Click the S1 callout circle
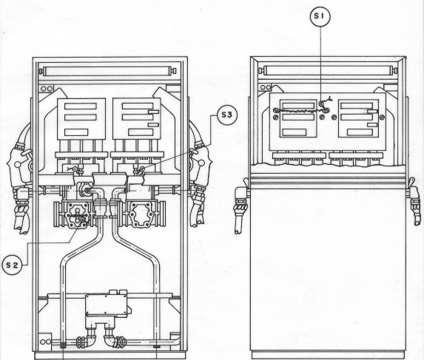coord(320,16)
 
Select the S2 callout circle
coord(12,265)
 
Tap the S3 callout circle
coord(227,115)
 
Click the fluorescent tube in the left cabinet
coord(107,71)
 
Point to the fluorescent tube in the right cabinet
coord(329,70)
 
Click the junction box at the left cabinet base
coord(107,305)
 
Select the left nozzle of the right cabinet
coord(240,206)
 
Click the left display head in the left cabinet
coord(81,119)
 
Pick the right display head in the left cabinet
coord(136,119)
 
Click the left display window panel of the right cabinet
coord(298,118)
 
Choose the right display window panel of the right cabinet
coord(359,118)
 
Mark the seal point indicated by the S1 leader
coord(321,103)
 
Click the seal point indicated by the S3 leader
coord(142,169)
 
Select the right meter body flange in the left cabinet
coord(141,214)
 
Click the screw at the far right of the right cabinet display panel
coord(382,118)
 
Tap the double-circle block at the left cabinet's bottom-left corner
coord(45,342)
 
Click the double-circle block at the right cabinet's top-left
coord(265,87)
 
